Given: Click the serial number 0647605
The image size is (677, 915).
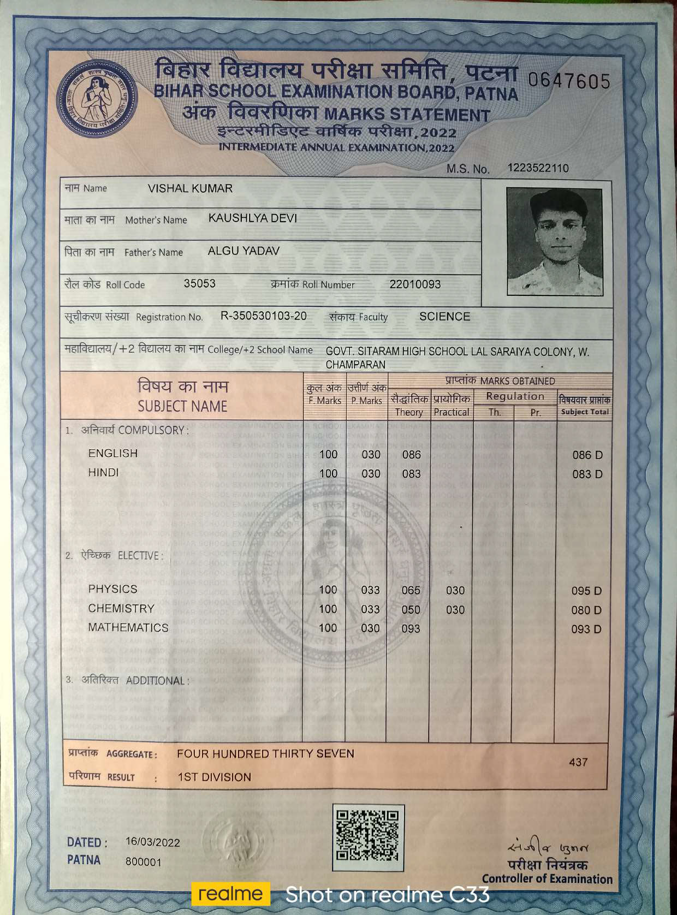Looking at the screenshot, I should pyautogui.click(x=569, y=82).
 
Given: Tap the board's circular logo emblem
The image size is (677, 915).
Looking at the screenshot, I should pyautogui.click(x=98, y=99).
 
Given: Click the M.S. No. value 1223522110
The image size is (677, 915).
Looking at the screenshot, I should pyautogui.click(x=538, y=168).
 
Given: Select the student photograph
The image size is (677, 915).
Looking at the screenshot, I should pyautogui.click(x=554, y=241).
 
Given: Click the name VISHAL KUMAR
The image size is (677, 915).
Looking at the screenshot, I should pyautogui.click(x=190, y=188).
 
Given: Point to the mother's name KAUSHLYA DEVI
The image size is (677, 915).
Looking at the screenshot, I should pyautogui.click(x=252, y=218).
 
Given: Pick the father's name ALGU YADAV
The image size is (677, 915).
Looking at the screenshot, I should pyautogui.click(x=244, y=251).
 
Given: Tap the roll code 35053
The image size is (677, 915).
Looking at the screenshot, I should pyautogui.click(x=199, y=284).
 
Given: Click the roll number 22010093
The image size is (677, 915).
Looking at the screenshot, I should pyautogui.click(x=415, y=284).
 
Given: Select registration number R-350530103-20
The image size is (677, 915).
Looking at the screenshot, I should pyautogui.click(x=263, y=316).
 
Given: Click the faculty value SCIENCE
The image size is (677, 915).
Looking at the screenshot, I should pyautogui.click(x=444, y=317).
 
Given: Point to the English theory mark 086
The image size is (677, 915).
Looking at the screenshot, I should pyautogui.click(x=411, y=455).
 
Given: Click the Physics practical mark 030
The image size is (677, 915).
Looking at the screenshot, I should pyautogui.click(x=455, y=591).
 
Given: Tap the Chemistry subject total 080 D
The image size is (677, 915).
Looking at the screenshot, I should pyautogui.click(x=586, y=610).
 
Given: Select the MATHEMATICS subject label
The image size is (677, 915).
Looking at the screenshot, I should pyautogui.click(x=128, y=628).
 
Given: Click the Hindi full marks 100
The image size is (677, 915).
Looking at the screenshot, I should pyautogui.click(x=328, y=474).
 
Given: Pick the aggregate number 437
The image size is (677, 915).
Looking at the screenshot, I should pyautogui.click(x=578, y=762).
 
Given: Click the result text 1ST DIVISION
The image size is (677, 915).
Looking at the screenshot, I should pyautogui.click(x=214, y=777).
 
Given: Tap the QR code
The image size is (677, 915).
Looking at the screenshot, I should pyautogui.click(x=368, y=837).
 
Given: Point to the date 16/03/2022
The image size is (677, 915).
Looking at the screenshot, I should pyautogui.click(x=152, y=842).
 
